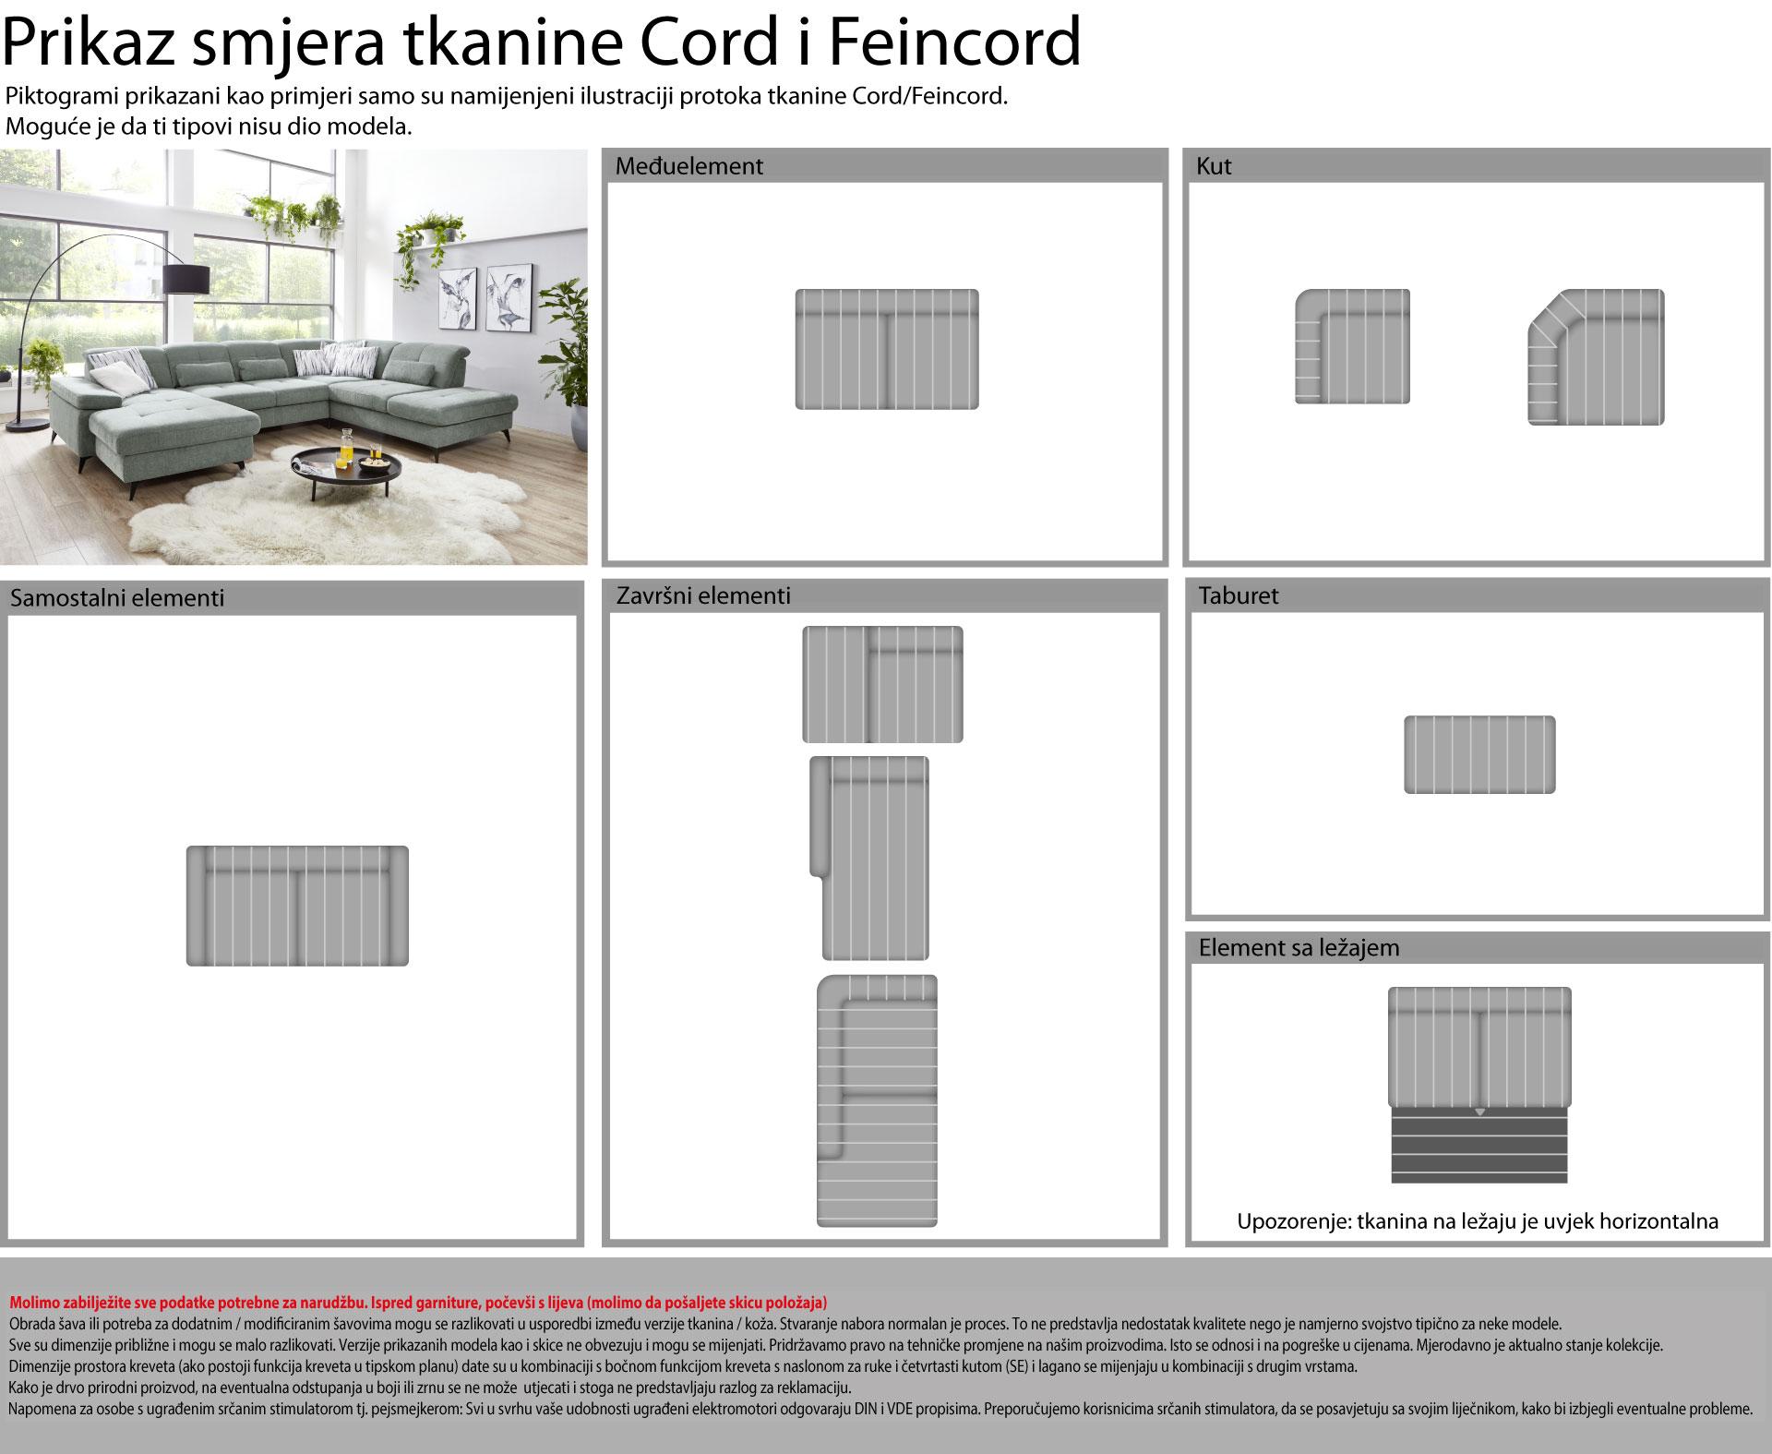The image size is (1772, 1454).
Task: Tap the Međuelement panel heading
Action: (689, 166)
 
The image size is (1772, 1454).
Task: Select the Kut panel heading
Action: (1214, 166)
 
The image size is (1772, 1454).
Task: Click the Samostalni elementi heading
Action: (117, 597)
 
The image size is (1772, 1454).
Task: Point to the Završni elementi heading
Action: (703, 595)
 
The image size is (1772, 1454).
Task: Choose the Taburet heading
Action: (1239, 595)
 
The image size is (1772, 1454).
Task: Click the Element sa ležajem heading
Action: (1299, 947)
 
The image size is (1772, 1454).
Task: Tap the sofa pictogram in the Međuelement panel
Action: (887, 349)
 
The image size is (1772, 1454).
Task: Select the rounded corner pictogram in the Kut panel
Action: (1352, 346)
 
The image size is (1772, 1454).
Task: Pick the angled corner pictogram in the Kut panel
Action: (1596, 357)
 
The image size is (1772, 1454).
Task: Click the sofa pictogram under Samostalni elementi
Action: (297, 906)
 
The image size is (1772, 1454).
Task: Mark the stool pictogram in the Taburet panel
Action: (1479, 754)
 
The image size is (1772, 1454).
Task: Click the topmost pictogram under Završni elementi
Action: (882, 684)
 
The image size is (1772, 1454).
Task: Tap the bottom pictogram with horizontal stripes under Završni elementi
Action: (877, 1100)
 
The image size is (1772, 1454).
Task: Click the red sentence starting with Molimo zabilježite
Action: (418, 1303)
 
